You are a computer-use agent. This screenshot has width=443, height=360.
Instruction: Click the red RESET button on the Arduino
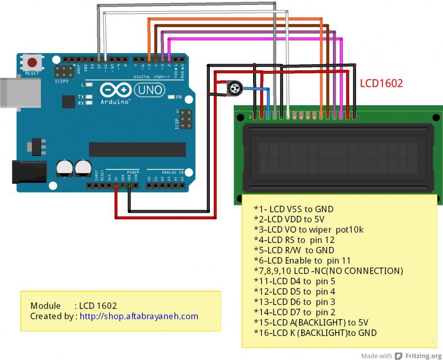pyautogui.click(x=33, y=63)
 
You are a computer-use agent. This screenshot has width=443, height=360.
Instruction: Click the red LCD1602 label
pyautogui.click(x=382, y=84)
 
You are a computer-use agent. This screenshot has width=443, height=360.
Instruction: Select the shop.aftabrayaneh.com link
pyautogui.click(x=138, y=316)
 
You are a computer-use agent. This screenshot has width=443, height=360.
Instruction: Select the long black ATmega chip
pyautogui.click(x=137, y=150)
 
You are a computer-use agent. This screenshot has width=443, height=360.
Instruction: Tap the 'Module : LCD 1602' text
pyautogui.click(x=74, y=306)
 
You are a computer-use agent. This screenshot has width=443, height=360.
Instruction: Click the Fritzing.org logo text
pyautogui.click(x=419, y=356)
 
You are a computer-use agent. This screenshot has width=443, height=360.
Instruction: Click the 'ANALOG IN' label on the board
pyautogui.click(x=172, y=173)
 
